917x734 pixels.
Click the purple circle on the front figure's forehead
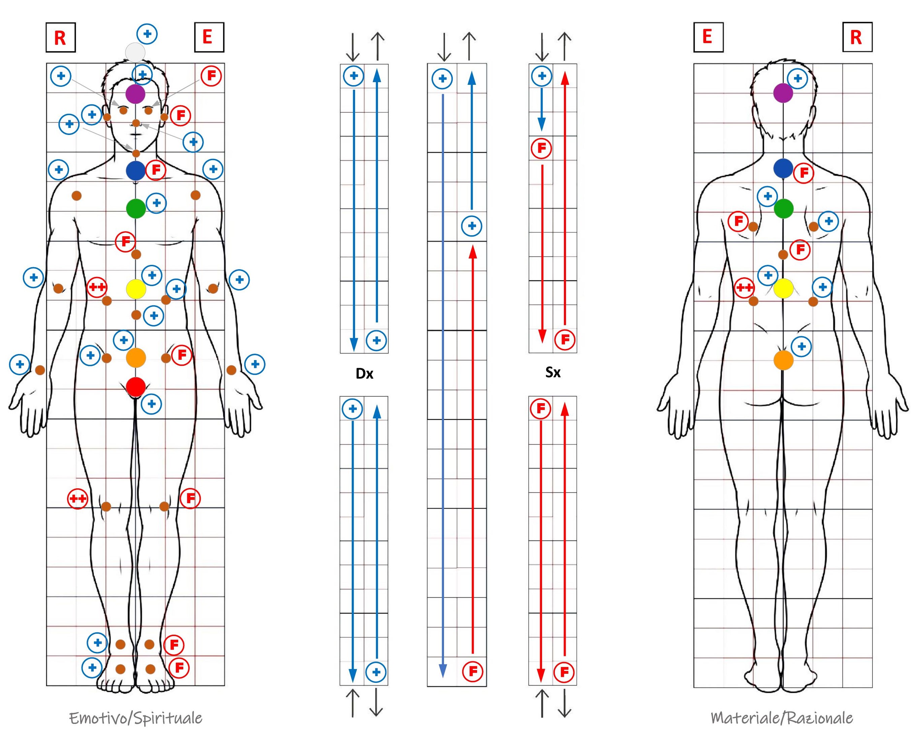click(135, 94)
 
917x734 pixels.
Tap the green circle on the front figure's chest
click(136, 208)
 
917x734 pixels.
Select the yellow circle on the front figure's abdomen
click(136, 289)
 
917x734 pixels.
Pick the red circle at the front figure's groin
click(136, 387)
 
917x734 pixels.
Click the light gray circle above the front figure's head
click(135, 52)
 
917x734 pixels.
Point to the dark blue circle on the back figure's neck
click(783, 168)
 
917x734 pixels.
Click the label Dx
click(365, 374)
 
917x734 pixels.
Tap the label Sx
click(553, 372)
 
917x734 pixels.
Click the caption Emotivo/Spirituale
click(136, 718)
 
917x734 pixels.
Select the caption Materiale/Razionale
click(782, 718)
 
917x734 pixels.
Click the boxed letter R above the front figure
click(60, 38)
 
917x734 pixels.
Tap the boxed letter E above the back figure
click(708, 37)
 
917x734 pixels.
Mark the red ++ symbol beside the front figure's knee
click(78, 498)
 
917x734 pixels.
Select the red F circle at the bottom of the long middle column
click(473, 671)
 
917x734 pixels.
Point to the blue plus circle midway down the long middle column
click(472, 226)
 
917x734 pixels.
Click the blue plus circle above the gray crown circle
click(147, 34)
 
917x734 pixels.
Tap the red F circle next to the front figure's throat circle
click(156, 170)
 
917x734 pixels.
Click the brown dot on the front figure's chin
click(136, 153)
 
